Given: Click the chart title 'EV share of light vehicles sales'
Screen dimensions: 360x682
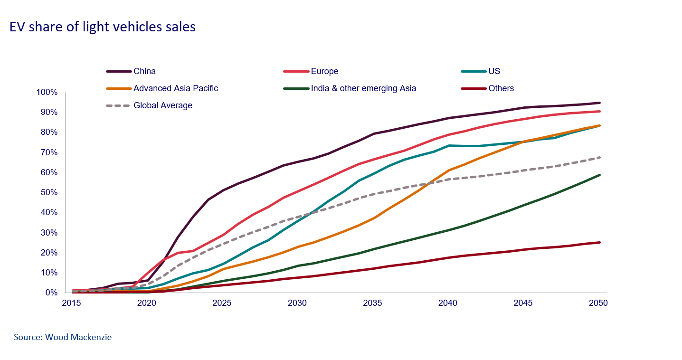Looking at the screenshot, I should [x=103, y=27].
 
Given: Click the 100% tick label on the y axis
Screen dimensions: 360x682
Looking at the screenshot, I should [x=47, y=92].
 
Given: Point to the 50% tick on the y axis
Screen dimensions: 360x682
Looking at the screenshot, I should [x=49, y=192].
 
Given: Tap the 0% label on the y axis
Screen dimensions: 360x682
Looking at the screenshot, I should [x=51, y=293].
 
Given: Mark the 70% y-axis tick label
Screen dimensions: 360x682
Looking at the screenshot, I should [x=49, y=152].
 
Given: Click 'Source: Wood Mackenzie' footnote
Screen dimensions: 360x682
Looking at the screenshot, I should [x=63, y=337].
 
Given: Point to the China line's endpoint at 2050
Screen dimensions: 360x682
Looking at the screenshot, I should [x=600, y=103].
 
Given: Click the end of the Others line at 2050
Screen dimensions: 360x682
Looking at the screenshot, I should [x=600, y=242].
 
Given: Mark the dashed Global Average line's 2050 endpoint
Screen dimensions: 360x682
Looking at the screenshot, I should [x=600, y=157].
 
